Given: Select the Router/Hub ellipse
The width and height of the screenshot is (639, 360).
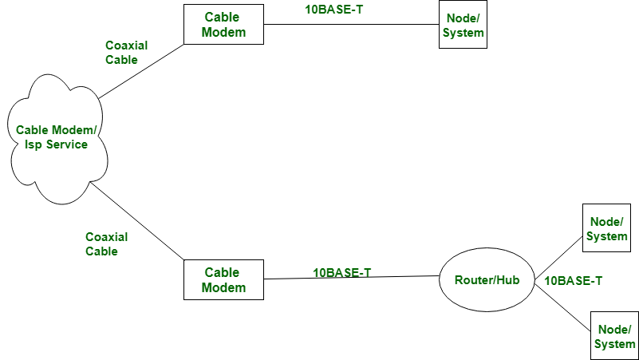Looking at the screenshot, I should point(487,279).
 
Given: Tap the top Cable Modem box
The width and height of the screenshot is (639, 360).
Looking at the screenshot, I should point(223,25).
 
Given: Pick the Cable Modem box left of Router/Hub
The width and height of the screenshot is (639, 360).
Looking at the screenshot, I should point(223,280).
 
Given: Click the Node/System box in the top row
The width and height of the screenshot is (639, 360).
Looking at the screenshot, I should point(463,25).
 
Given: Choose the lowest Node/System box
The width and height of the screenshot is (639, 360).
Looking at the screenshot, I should point(614,336).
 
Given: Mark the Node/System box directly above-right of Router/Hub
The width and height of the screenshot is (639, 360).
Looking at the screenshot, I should point(606,228).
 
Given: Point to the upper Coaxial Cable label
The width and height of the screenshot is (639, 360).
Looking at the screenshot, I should point(126,53).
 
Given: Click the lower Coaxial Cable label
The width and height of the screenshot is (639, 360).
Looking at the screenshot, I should point(106,244).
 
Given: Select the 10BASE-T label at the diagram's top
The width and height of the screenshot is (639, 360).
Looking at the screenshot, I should point(334,10).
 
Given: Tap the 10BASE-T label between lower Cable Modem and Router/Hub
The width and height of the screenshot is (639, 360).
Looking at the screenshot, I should point(342,272).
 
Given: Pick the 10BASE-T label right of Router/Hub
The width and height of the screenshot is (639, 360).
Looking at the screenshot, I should point(573,281).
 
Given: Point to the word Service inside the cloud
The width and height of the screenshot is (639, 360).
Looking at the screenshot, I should point(66,144).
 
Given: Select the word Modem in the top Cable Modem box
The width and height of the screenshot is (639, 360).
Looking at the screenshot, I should point(223,33).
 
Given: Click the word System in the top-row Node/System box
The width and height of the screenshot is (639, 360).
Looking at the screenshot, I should point(463,33).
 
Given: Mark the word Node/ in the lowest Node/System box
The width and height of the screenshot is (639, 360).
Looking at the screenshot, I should point(614,329).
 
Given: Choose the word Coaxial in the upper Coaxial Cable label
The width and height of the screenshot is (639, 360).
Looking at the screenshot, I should point(126,45).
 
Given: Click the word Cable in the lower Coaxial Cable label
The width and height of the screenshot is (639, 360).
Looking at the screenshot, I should point(101,251).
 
